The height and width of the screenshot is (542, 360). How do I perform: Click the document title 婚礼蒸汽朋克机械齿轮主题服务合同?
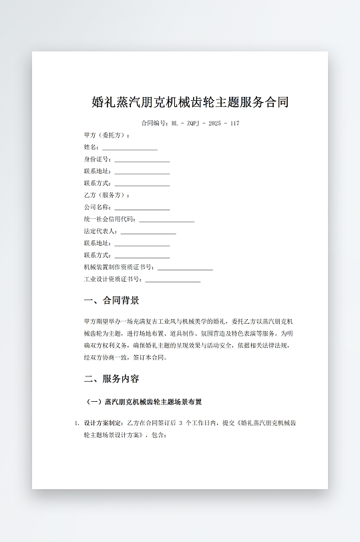coord(190,103)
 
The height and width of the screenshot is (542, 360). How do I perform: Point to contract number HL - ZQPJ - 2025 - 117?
coord(205,123)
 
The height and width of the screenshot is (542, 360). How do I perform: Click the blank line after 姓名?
coord(130,147)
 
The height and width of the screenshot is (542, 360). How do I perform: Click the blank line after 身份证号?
coord(142,160)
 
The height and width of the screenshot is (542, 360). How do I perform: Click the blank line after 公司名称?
coord(142,208)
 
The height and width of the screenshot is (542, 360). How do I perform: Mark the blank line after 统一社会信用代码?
coord(166,220)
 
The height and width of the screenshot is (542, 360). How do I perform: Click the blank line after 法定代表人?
coord(148,232)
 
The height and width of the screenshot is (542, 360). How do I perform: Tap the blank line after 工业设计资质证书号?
coord(173,280)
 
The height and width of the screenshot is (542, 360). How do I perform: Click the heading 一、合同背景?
coord(112,300)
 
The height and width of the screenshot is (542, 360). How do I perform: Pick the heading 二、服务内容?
coord(112,378)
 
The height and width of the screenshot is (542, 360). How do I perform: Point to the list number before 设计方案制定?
coord(77,423)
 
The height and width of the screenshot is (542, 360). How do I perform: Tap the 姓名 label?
coord(92,148)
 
